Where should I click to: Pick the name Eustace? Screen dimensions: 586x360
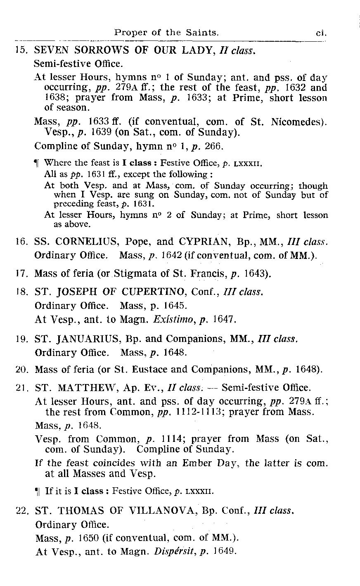pyautogui.click(x=156, y=369)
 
